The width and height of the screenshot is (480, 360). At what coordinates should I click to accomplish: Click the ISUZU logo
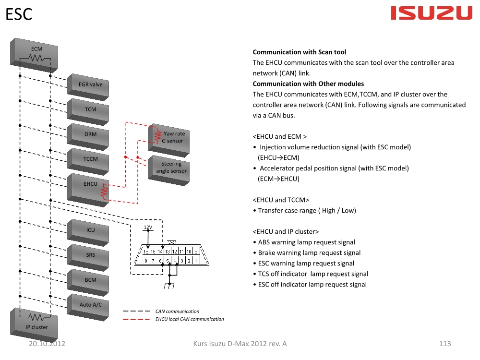tap(432, 13)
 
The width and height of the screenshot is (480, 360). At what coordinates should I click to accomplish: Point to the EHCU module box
tap(89, 187)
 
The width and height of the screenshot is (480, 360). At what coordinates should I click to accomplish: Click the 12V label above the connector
tap(148, 227)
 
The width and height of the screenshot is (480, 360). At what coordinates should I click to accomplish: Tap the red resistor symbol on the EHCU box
tap(103, 192)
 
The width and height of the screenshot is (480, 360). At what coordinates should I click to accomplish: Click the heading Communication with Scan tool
tap(299, 52)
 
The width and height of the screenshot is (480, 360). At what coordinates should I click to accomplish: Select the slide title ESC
tap(19, 14)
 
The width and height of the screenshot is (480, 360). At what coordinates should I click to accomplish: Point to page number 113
tap(445, 344)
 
